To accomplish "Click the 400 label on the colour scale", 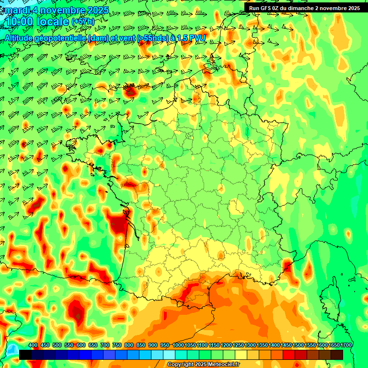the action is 33,345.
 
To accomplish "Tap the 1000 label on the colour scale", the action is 178,345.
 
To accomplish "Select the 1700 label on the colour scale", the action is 346,345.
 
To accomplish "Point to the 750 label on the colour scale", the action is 117,345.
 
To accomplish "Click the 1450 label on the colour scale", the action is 286,345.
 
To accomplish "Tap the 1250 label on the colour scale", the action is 238,345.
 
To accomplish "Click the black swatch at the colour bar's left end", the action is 25,355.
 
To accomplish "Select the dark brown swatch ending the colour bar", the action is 336,355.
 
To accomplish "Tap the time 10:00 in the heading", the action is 19,22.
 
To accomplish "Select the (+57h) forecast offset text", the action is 83,22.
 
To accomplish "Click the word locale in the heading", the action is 52,22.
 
